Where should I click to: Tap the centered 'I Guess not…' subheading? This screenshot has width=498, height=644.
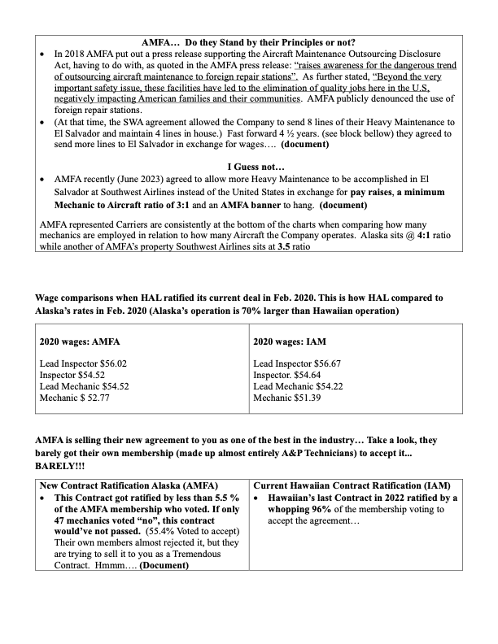tap(249, 163)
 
